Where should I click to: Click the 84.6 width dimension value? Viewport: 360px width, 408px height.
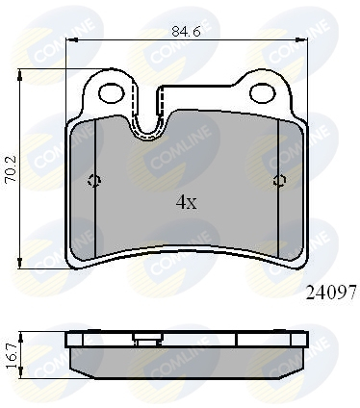click(186, 31)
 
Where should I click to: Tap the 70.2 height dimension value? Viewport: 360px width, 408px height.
click(12, 169)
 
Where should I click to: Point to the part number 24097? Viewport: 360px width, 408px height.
click(331, 293)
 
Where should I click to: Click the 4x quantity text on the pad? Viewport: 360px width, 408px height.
click(186, 202)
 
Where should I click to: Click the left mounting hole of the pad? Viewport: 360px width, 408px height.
click(111, 93)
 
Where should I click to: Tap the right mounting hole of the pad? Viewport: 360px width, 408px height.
click(263, 93)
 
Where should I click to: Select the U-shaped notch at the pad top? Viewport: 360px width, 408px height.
click(148, 125)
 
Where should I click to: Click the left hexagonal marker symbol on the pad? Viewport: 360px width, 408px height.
click(94, 181)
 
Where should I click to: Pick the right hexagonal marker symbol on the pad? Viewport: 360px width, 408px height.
click(280, 181)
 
